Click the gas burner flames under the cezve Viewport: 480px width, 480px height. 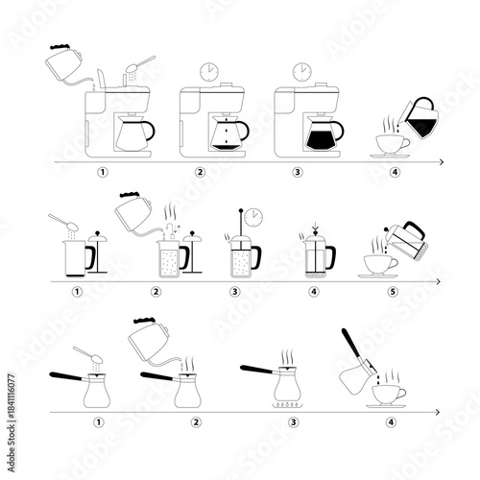pos(286,404)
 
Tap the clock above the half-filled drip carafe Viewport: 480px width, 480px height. pos(206,72)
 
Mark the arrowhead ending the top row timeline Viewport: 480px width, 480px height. pos(440,163)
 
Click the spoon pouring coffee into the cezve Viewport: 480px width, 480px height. pos(86,354)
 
